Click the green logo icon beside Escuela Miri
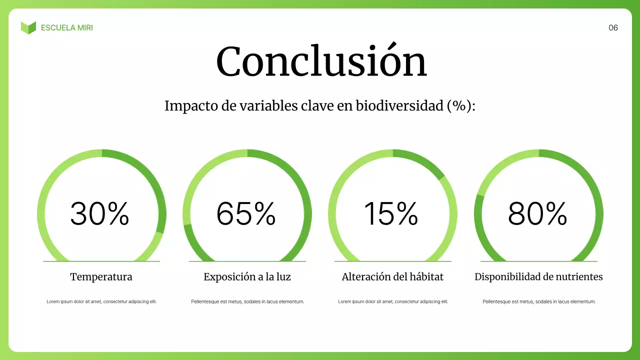28,27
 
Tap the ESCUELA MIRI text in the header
67,28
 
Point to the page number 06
613,28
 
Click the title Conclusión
321,62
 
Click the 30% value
99,213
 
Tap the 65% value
246,213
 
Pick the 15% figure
391,213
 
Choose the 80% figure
537,213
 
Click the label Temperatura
101,276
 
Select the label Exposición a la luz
247,276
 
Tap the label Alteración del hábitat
392,276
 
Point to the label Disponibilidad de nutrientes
538,276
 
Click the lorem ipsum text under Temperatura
101,301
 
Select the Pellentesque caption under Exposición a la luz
247,301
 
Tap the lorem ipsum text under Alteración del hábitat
393,301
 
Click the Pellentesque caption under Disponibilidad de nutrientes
539,301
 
